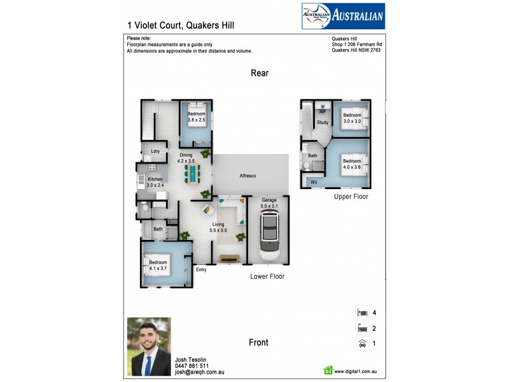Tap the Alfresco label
(248, 175)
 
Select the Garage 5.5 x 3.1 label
(269, 203)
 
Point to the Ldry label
(155, 151)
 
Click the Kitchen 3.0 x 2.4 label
(155, 182)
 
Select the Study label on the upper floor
(323, 122)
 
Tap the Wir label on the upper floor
(314, 182)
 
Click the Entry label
(201, 270)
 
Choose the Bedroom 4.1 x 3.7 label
(158, 265)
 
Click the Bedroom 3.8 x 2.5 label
(196, 117)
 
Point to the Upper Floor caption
(351, 197)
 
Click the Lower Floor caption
(267, 277)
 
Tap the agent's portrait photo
(149, 347)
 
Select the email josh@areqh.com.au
(199, 372)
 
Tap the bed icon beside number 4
(362, 313)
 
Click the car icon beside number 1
(362, 344)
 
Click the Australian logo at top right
(342, 16)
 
